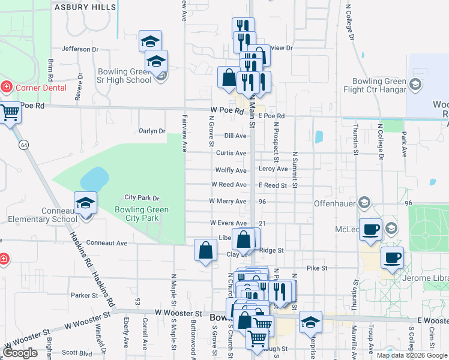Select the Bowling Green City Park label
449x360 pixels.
click(x=142, y=214)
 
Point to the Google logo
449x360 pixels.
click(x=20, y=353)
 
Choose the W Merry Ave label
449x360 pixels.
click(x=228, y=201)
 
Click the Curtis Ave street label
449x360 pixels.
click(x=231, y=153)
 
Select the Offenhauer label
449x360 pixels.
click(x=336, y=203)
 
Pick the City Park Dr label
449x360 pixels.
click(x=142, y=197)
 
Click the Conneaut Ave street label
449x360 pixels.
click(x=107, y=243)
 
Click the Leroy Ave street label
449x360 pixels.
click(x=273, y=169)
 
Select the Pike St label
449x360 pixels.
click(x=316, y=268)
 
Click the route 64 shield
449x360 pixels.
click(x=23, y=145)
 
